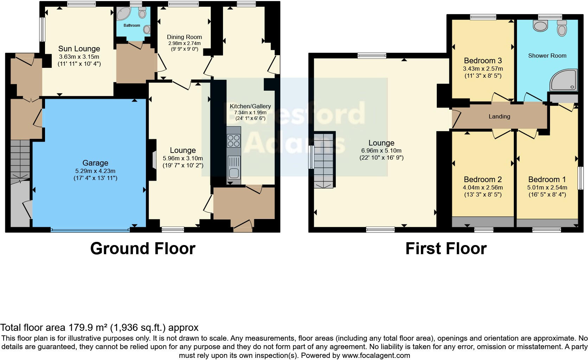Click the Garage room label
click(x=95, y=163)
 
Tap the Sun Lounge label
click(x=79, y=49)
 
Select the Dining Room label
click(x=184, y=37)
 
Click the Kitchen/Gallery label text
click(x=250, y=106)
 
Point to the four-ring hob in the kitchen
click(x=234, y=141)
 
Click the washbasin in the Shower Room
click(x=541, y=25)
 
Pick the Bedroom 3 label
click(x=482, y=60)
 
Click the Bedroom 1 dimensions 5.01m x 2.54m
click(x=547, y=187)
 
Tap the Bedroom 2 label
click(x=482, y=179)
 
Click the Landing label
click(x=499, y=116)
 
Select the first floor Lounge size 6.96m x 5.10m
click(x=381, y=150)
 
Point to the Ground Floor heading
click(x=142, y=249)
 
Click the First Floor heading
click(x=446, y=249)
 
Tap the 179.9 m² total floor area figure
click(x=87, y=328)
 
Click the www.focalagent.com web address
click(x=376, y=355)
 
